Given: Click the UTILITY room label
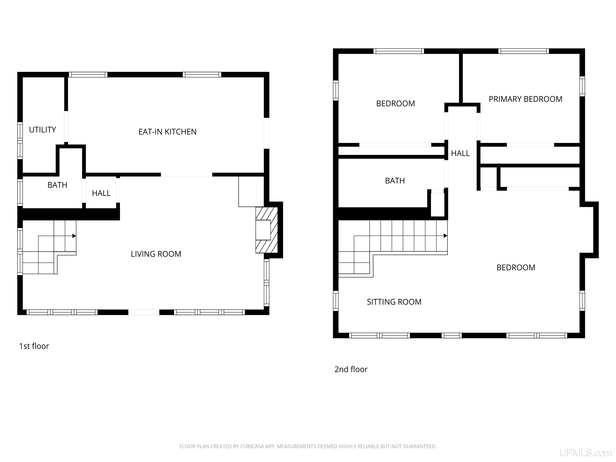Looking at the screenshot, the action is coord(42,130).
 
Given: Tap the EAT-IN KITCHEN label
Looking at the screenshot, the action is coord(167,132).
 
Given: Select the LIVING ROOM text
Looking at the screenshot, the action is coord(156,254).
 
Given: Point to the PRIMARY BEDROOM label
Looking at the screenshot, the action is coord(526,99).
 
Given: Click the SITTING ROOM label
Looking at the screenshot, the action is coord(394,302).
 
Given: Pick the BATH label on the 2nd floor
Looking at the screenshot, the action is coord(395,181).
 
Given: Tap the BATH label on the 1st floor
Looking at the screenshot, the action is coord(57,185).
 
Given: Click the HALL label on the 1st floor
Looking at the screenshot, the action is coord(101,193).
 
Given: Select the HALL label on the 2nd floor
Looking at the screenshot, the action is coord(460,153).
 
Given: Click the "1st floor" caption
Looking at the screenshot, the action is coord(34,346).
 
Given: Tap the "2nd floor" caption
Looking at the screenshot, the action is coord(351,369).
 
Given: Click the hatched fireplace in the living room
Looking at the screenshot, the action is coord(266,230).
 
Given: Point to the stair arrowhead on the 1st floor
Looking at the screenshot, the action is coord(74,236).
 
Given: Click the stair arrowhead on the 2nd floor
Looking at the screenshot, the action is coord(445,236).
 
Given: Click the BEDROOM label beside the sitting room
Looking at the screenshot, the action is coord(516,268).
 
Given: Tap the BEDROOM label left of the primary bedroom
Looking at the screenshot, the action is coord(395,104).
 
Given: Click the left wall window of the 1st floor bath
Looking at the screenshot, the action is coord(20,192).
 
